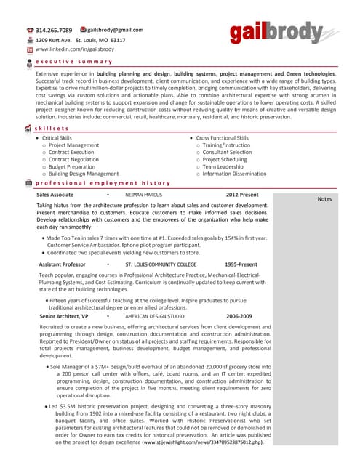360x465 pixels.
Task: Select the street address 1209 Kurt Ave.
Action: coord(55,40)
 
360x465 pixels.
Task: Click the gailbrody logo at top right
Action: coord(276,32)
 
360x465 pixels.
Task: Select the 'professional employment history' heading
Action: coord(103,183)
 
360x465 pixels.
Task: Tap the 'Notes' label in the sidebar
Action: coord(324,199)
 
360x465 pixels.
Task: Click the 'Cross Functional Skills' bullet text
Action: coord(222,137)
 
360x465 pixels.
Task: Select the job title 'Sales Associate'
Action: coord(55,195)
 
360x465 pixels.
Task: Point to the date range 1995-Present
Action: coord(241,264)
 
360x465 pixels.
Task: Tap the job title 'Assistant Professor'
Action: coord(63,264)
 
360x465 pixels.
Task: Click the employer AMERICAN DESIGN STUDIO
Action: coord(155,316)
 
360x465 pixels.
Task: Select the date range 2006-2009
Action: coord(239,316)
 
